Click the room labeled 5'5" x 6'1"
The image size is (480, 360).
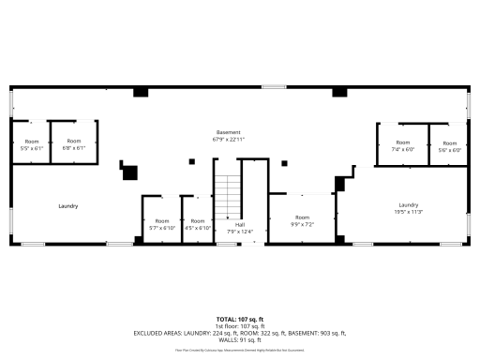point(31,145)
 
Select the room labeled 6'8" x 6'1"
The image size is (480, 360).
point(74,145)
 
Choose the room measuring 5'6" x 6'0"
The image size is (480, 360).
point(449,147)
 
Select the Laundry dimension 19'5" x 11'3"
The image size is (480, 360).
point(408,212)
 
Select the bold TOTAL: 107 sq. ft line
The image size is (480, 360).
point(239,320)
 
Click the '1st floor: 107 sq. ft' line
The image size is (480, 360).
point(239,326)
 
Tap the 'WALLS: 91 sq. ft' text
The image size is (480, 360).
point(239,339)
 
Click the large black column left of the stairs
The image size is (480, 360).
point(129,172)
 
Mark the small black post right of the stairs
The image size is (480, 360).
point(284,164)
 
